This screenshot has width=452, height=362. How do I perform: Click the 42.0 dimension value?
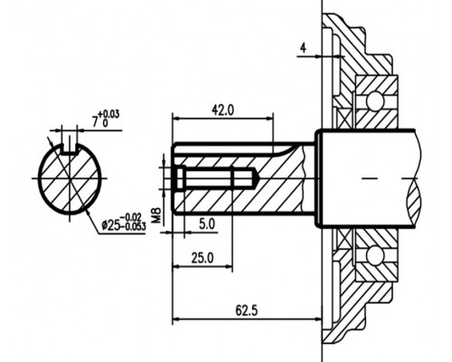click(222, 110)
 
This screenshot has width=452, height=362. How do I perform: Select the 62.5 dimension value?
click(247, 310)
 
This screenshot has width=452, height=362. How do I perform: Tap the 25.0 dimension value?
click(202, 258)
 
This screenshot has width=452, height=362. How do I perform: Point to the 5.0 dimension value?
click(207, 224)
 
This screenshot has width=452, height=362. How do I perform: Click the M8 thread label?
click(157, 214)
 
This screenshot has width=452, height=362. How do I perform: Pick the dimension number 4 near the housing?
click(303, 48)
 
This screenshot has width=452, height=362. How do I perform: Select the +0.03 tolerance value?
click(108, 114)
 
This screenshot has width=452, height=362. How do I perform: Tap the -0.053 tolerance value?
click(135, 226)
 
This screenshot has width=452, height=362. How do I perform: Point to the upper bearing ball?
click(375, 100)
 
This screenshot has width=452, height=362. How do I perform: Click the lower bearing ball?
click(375, 255)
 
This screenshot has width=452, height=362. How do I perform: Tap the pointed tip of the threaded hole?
click(257, 178)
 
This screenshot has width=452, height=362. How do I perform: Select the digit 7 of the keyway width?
click(96, 121)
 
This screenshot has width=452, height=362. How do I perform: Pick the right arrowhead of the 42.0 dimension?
click(269, 119)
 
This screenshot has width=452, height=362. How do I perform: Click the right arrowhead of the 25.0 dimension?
click(229, 266)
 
